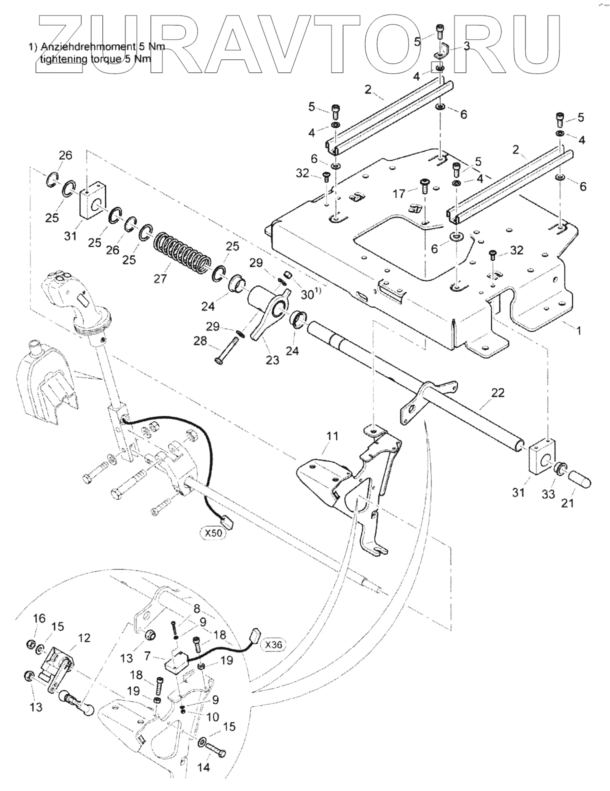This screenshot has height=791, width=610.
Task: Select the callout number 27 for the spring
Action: pyautogui.click(x=160, y=278)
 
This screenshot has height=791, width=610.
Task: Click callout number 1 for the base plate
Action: pyautogui.click(x=579, y=330)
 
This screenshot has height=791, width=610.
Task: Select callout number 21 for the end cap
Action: pyautogui.click(x=567, y=503)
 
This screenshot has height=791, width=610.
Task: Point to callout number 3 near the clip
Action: pyautogui.click(x=466, y=46)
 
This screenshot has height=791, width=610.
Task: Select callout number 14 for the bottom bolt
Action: pyautogui.click(x=205, y=767)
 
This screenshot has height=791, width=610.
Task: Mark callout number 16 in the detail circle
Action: pyautogui.click(x=39, y=618)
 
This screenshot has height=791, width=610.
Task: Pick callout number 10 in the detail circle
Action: pyautogui.click(x=212, y=717)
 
